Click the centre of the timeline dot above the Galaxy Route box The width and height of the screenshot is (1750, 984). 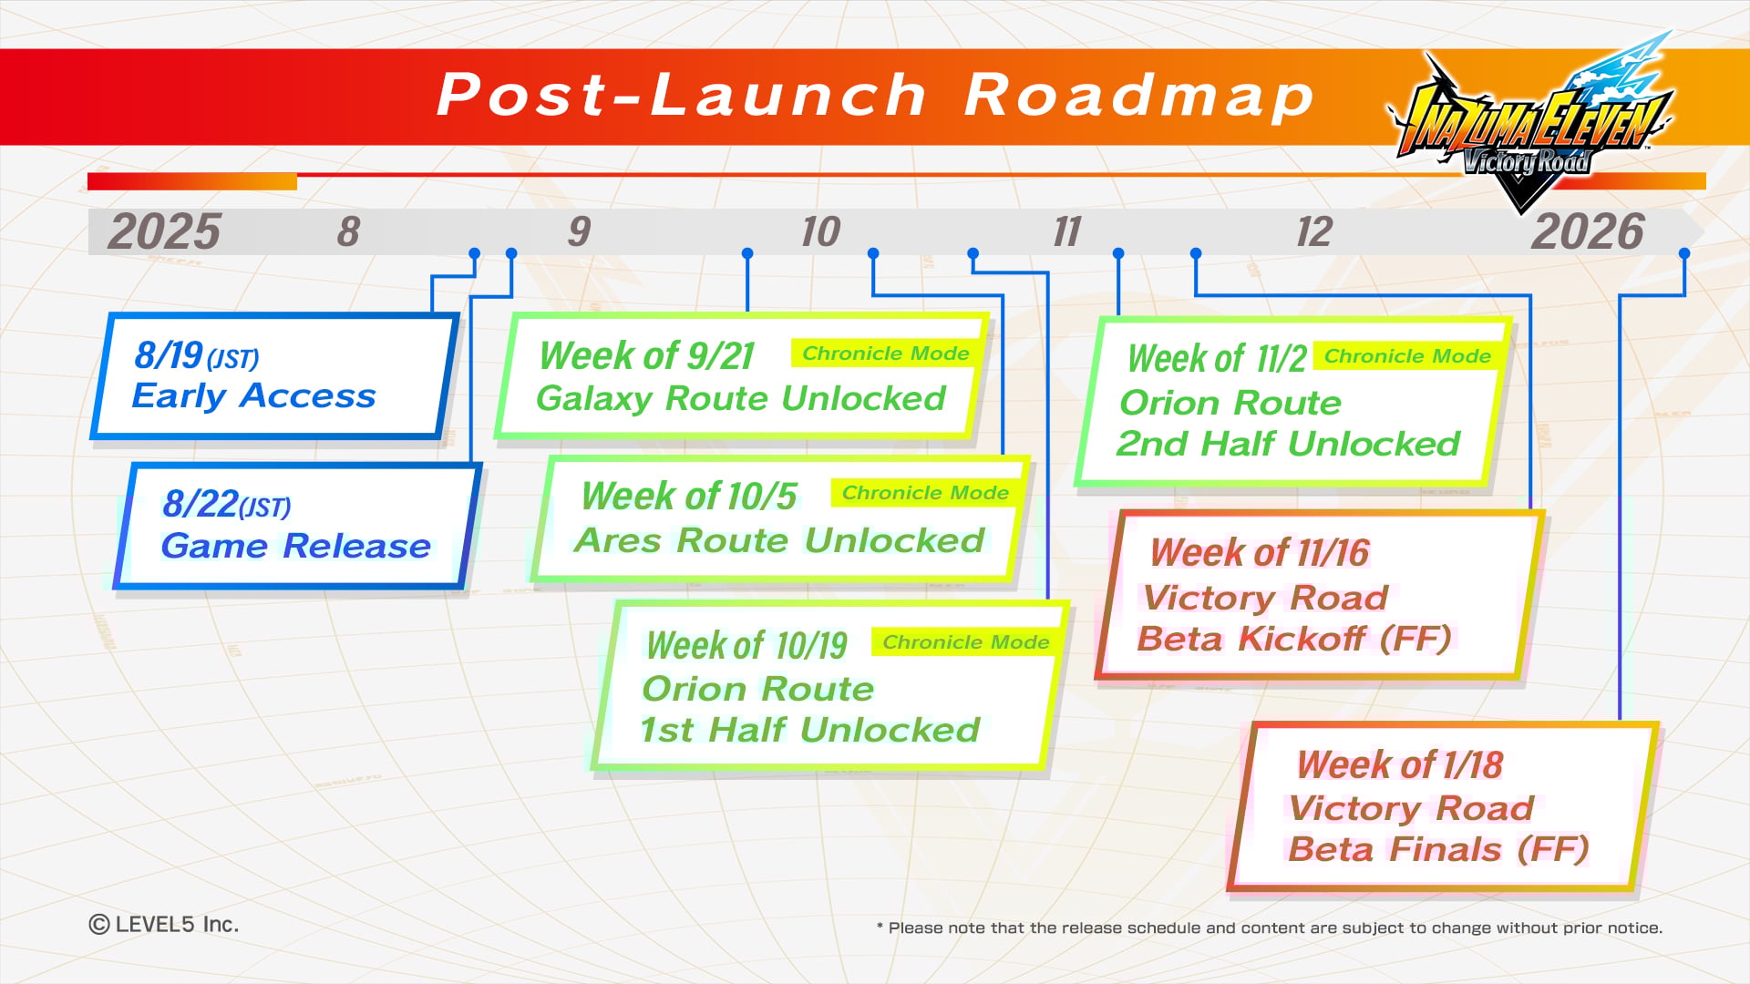747,253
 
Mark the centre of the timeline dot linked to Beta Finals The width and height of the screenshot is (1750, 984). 1684,253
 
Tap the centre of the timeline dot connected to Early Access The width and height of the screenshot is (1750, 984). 474,253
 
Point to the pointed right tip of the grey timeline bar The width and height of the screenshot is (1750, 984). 1704,231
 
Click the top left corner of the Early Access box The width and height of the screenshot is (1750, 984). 110,314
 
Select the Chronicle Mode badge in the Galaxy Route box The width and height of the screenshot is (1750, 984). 885,354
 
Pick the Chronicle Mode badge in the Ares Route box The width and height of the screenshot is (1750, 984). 925,493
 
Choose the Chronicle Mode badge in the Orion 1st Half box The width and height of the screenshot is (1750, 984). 965,642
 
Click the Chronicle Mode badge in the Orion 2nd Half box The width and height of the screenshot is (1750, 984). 1406,356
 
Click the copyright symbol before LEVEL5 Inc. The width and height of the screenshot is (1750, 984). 99,925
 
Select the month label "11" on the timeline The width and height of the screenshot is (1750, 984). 1066,232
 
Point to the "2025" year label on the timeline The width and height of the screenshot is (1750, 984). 164,231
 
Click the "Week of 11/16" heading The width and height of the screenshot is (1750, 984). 1260,552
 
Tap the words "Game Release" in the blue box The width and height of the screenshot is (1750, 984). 295,546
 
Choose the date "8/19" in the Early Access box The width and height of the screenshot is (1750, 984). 169,354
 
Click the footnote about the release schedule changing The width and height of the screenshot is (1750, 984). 1270,928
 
